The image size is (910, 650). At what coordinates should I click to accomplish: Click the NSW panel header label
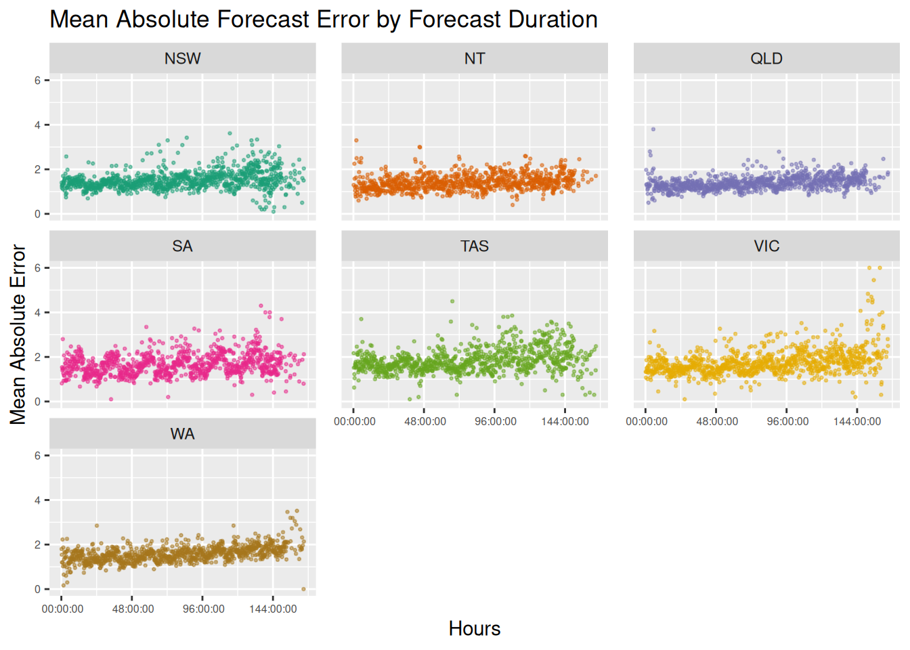(x=182, y=58)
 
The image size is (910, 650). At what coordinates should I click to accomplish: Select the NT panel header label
(x=474, y=58)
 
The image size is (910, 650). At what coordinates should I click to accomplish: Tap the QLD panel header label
(x=766, y=58)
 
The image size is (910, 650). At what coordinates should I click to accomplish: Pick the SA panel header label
(x=182, y=246)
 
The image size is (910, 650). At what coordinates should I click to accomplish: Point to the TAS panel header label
(x=474, y=246)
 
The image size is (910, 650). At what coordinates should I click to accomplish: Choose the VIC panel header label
(x=766, y=246)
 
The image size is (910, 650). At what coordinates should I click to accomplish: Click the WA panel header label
(x=182, y=433)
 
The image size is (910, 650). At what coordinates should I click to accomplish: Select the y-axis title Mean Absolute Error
(x=18, y=334)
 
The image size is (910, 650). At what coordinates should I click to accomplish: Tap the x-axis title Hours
(x=474, y=628)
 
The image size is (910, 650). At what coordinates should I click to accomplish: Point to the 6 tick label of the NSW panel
(x=38, y=80)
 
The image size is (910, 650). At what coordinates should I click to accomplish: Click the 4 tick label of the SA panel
(x=38, y=312)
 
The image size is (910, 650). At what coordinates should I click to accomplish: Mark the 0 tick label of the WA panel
(x=38, y=589)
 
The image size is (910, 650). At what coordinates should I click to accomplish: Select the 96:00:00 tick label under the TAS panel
(x=496, y=421)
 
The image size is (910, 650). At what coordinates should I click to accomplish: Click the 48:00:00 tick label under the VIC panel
(x=717, y=421)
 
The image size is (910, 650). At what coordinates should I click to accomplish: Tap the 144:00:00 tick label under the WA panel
(x=273, y=609)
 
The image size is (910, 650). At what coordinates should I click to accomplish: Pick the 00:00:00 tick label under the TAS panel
(x=355, y=421)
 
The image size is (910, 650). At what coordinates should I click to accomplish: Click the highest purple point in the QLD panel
(x=653, y=129)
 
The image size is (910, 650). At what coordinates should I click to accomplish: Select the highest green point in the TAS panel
(x=452, y=301)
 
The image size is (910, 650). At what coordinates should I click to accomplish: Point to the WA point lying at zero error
(x=303, y=589)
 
